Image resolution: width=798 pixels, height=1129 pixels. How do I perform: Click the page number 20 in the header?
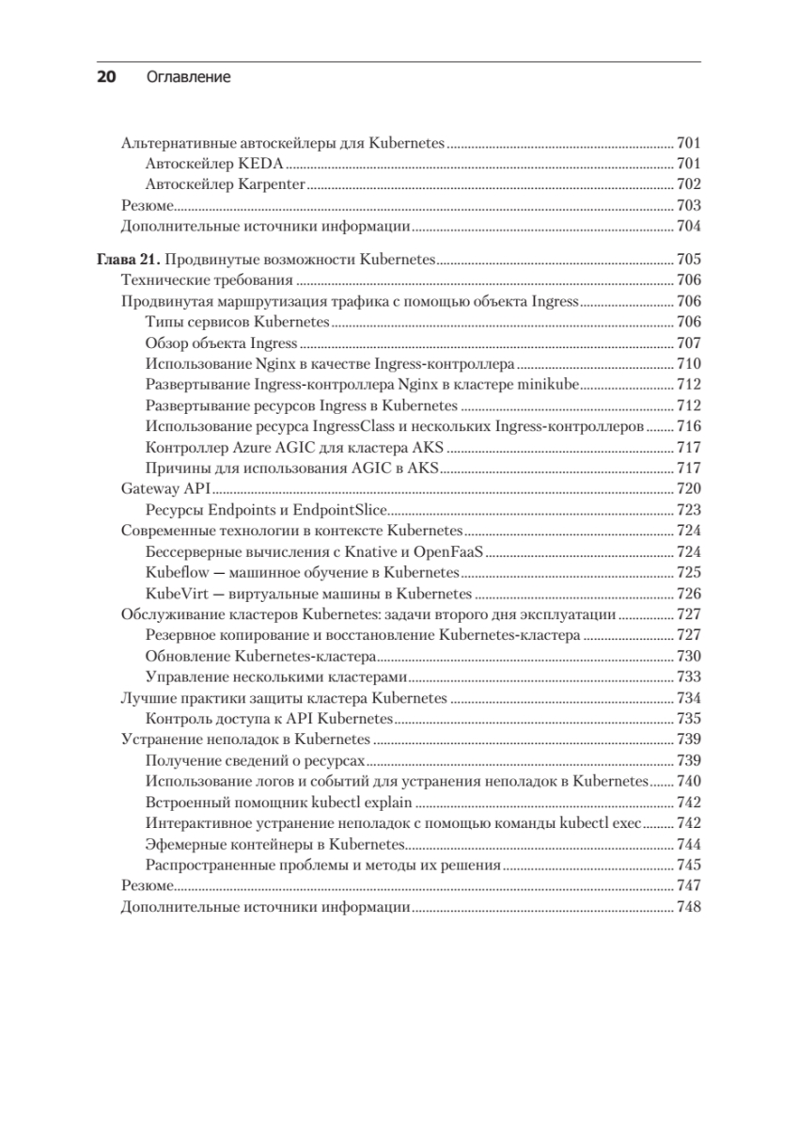coord(106,77)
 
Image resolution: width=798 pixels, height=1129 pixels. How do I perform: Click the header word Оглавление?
coord(189,77)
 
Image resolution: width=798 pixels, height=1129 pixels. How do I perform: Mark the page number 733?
coord(688,676)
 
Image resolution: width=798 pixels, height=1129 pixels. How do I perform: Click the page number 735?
coord(688,718)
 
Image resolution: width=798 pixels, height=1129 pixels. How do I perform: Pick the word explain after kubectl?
coord(389,802)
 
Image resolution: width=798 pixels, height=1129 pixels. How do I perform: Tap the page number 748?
coord(688,907)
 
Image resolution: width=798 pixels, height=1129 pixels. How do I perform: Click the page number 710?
coord(688,364)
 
